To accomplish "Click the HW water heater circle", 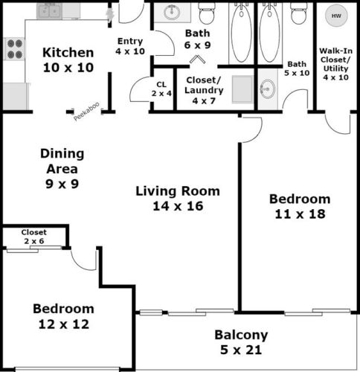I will coord(335,16).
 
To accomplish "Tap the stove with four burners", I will coord(14,49).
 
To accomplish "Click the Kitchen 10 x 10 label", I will coord(68,60).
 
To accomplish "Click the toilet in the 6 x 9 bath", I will coord(208,14).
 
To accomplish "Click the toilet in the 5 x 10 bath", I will coord(298,14).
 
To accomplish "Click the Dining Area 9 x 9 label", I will coord(63,167).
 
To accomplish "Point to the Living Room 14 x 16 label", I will coord(177,199).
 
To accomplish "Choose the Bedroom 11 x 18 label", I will coord(299,206).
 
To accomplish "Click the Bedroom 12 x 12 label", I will coord(63,316).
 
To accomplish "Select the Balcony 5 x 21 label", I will coord(241,342).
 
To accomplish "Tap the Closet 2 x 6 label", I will coord(34,236).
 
